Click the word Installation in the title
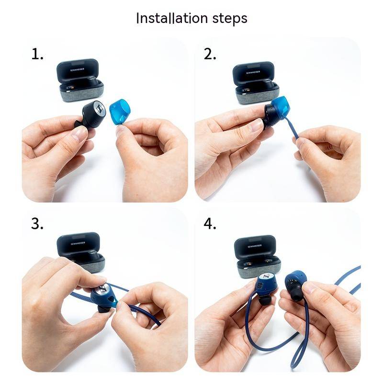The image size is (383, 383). click(x=172, y=18)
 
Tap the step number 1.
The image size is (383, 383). click(x=37, y=54)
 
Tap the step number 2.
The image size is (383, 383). click(x=210, y=54)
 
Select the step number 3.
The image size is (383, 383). click(x=37, y=224)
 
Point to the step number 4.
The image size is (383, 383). click(x=210, y=224)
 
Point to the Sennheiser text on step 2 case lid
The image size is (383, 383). click(x=253, y=72)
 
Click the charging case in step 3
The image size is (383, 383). click(x=81, y=252)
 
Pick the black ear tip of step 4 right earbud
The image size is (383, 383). click(x=297, y=294)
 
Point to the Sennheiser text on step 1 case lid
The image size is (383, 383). click(x=77, y=69)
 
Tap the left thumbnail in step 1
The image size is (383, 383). click(x=79, y=133)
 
